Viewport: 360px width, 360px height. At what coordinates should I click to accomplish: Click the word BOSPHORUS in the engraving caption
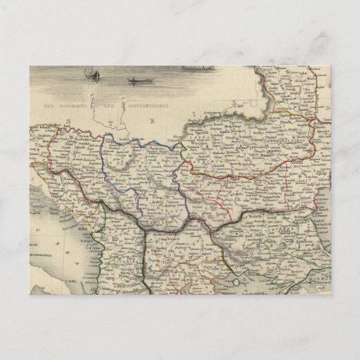pos(75,107)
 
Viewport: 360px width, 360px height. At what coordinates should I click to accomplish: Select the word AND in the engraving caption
pos(112,107)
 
